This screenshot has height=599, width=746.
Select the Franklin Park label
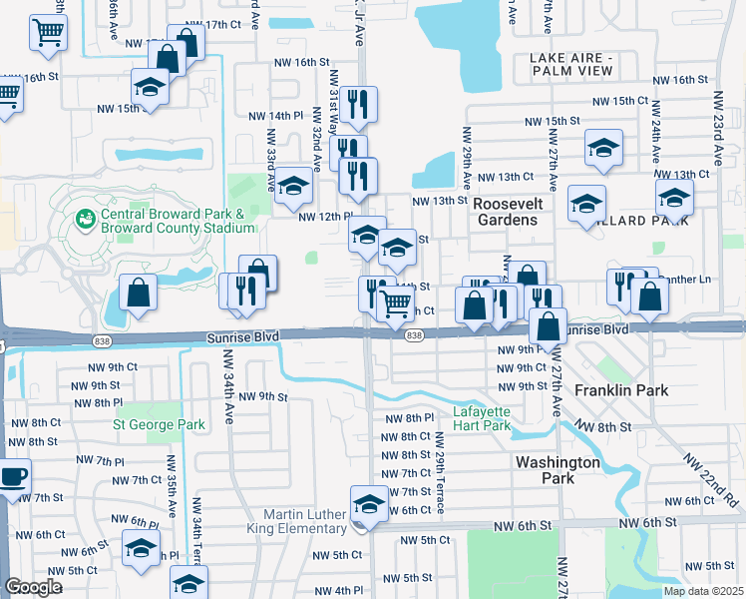click(x=628, y=390)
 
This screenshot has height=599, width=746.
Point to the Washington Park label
click(x=558, y=470)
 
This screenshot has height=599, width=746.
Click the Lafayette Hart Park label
click(x=482, y=418)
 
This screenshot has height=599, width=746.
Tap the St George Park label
click(x=159, y=425)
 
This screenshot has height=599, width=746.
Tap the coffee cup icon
click(x=12, y=475)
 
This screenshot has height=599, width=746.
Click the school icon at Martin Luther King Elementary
click(x=369, y=504)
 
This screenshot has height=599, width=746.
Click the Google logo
click(x=33, y=587)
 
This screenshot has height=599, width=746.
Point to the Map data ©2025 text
click(x=703, y=591)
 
